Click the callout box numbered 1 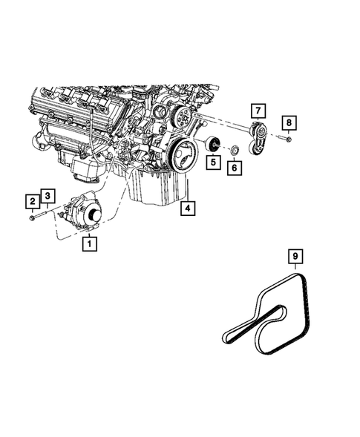tap(90, 242)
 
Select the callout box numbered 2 tap(33, 200)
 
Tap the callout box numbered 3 tap(47, 195)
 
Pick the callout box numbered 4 tap(189, 208)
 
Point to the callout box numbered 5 tap(214, 161)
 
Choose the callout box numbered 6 tap(235, 169)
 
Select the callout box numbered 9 tap(295, 257)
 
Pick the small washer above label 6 tap(235, 152)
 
